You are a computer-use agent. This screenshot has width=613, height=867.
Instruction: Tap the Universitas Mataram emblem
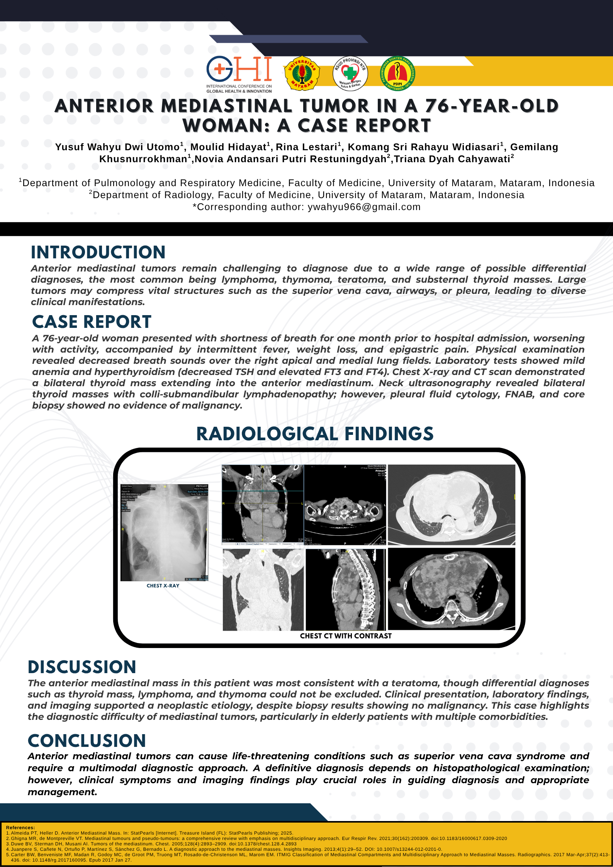coord(302,73)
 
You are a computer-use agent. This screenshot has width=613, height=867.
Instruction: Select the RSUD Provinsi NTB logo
coord(350,73)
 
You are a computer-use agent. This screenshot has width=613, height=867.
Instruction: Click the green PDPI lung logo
coord(397,73)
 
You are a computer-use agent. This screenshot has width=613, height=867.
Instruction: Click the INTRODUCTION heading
coord(98,253)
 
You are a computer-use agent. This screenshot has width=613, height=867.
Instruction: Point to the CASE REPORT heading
coord(92,322)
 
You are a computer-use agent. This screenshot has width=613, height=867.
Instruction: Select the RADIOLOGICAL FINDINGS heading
coord(315,434)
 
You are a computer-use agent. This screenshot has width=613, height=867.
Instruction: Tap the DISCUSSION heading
coord(82,667)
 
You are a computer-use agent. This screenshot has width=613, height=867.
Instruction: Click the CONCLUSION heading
coord(87,741)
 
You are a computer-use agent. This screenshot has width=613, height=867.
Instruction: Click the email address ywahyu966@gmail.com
coord(364,207)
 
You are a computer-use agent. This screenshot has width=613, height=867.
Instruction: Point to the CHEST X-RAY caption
coord(163,586)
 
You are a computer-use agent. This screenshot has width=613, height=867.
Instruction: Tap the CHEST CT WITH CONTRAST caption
coord(346,636)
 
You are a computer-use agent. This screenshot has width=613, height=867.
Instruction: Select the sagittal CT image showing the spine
coord(346,589)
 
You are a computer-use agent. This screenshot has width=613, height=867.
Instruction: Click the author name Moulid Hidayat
coord(228,147)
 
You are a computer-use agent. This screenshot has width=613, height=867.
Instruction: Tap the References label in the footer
coord(20,828)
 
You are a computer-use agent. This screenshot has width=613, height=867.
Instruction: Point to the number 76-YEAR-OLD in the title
coord(492,106)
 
